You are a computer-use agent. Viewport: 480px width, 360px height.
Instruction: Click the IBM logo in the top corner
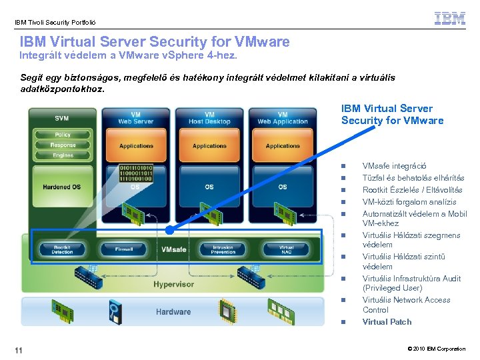[x=449, y=19]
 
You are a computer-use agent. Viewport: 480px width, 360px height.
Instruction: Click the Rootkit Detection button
[x=62, y=249]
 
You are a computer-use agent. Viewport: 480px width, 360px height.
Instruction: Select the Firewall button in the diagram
[x=124, y=249]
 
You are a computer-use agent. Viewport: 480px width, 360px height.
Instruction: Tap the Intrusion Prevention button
[x=223, y=249]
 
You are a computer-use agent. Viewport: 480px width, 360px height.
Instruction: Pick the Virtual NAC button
[x=286, y=249]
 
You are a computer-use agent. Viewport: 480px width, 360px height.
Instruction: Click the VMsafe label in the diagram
[x=173, y=249]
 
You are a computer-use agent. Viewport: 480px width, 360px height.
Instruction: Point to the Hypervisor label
[x=173, y=284]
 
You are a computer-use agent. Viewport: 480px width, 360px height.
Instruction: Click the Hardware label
[x=173, y=311]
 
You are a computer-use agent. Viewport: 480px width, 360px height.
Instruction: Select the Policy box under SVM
[x=63, y=135]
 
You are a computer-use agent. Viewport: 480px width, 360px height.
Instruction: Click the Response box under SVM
[x=63, y=145]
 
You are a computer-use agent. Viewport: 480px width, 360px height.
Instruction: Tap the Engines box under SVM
[x=63, y=155]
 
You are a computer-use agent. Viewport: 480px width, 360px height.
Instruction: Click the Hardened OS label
[x=61, y=187]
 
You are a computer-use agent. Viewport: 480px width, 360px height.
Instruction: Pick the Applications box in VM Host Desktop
[x=209, y=146]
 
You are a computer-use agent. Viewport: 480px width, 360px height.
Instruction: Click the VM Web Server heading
[x=136, y=118]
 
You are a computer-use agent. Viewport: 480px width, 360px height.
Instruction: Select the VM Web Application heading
[x=283, y=118]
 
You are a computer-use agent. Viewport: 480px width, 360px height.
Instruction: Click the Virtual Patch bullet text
[x=387, y=322]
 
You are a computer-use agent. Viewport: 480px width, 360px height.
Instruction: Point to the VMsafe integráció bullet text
[x=394, y=166]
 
